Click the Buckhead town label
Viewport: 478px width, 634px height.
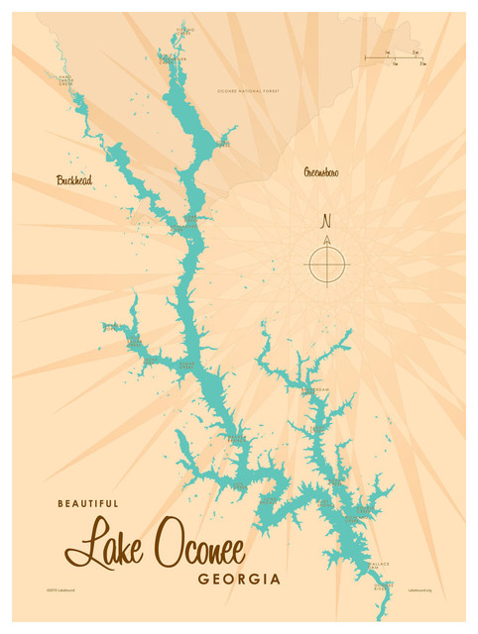point(74,180)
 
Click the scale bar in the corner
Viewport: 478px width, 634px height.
point(395,58)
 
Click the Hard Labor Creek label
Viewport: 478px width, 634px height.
point(65,80)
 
